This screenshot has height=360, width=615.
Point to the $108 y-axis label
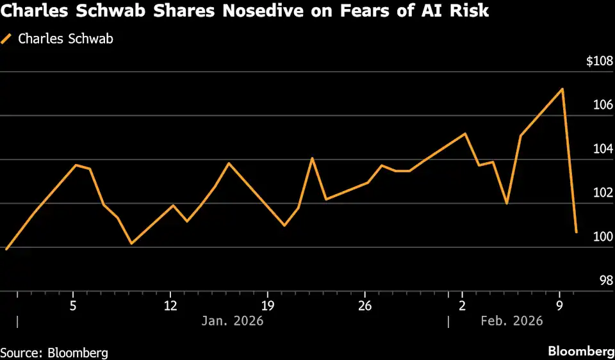coord(600,61)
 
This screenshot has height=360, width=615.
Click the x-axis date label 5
coord(74,304)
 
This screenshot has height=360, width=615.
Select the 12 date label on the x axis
coord(170,304)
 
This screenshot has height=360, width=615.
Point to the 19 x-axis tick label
coord(268,304)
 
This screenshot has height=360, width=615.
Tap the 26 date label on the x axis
coord(365,304)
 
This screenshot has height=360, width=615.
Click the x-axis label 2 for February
coord(462,304)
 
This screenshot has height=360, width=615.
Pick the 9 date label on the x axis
coord(559,304)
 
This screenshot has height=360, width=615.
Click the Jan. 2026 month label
coord(232,320)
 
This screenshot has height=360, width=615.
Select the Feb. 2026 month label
coord(511,320)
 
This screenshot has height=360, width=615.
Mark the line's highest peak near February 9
coord(562,89)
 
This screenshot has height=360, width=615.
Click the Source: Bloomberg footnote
coord(54,352)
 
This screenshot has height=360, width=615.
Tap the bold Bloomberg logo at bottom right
coord(580,351)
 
